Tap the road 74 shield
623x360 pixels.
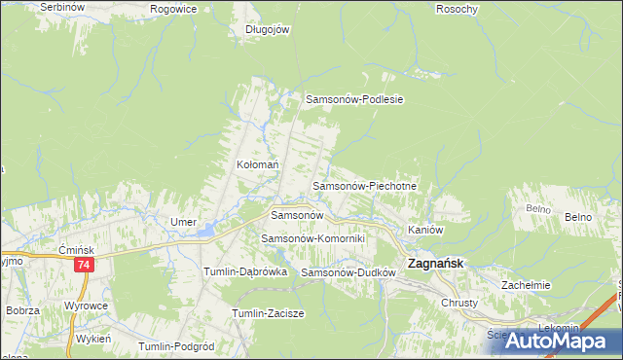(x=85, y=265)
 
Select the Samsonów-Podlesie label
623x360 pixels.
(x=354, y=99)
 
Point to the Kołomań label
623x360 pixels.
(x=259, y=165)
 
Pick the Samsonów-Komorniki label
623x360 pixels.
(x=312, y=238)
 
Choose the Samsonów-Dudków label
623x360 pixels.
(x=348, y=273)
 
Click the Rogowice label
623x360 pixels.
(x=174, y=9)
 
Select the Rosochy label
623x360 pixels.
(x=458, y=9)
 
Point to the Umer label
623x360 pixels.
(x=184, y=223)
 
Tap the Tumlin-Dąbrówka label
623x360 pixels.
(x=244, y=272)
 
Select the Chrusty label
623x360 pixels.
(x=459, y=303)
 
